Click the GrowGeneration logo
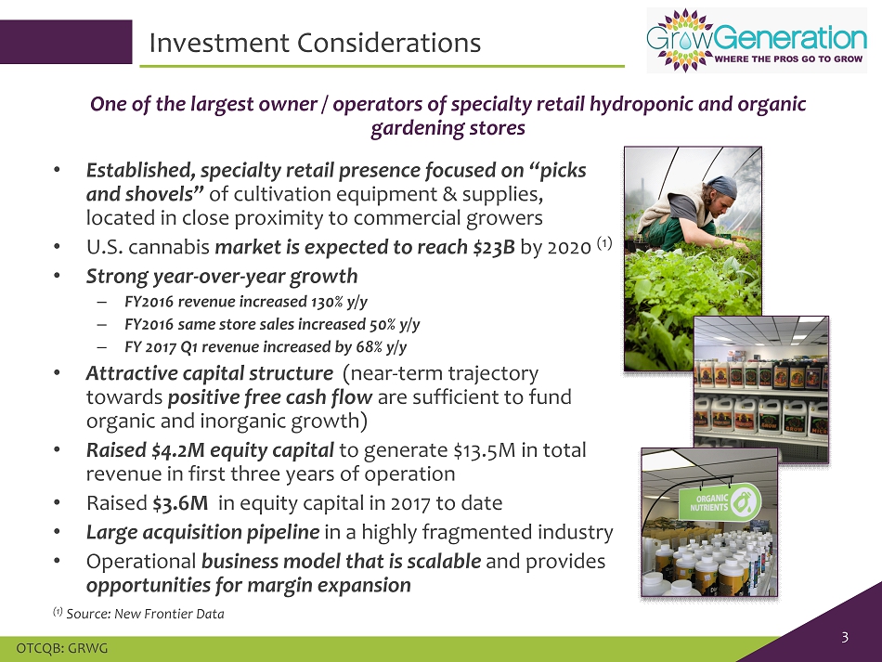coord(757,41)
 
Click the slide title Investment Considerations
coord(315,43)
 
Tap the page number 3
coord(845,637)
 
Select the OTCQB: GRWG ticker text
coord(62,648)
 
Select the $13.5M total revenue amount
coord(485,450)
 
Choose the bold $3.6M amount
coord(180,503)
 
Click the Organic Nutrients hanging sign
coord(720,502)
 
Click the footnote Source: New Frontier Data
coord(145,614)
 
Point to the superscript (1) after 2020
coord(604,243)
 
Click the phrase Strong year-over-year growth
coord(222,276)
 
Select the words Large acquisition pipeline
coord(202,532)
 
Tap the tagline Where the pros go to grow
coord(788,58)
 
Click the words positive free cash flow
coord(270,397)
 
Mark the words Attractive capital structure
coord(209,373)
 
